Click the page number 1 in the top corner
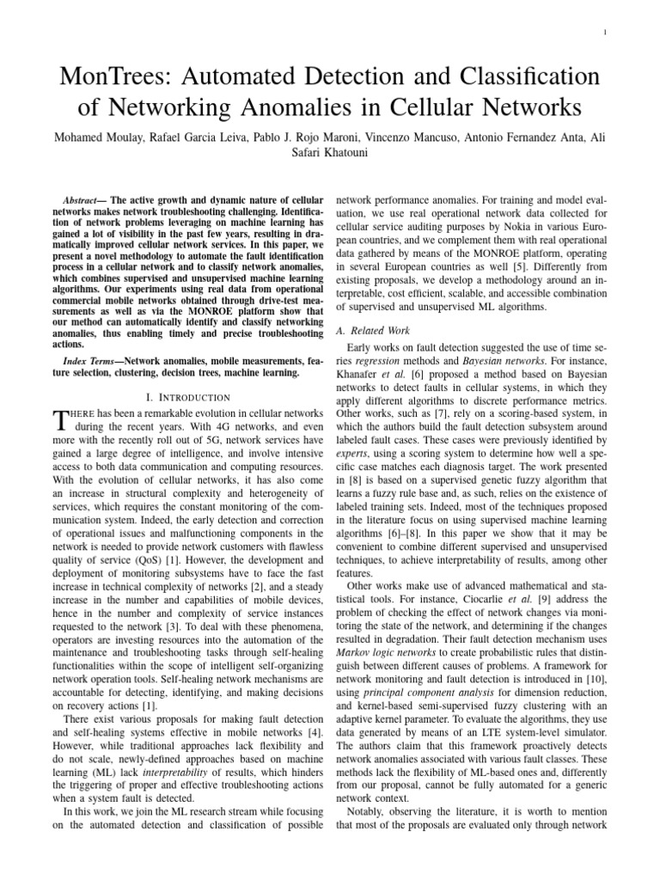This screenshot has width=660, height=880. (x=608, y=34)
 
